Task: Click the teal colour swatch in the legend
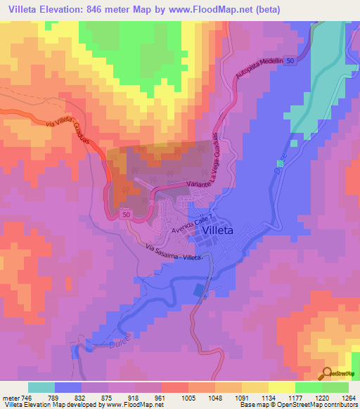[41, 387]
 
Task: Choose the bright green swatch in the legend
[309, 387]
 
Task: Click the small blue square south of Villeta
[199, 290]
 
